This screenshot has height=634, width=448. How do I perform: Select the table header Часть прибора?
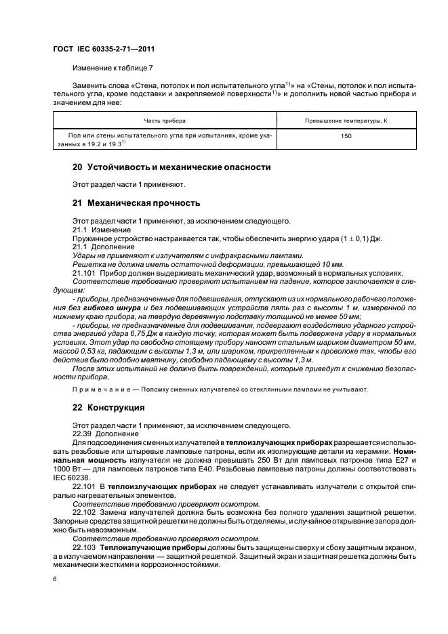[x=164, y=121]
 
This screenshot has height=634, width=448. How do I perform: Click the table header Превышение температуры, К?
[x=346, y=121]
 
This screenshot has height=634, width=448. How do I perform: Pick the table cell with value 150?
[x=346, y=136]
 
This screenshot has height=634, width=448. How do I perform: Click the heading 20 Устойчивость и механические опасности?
[x=171, y=167]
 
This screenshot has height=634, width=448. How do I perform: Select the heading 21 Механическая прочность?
[x=136, y=203]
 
